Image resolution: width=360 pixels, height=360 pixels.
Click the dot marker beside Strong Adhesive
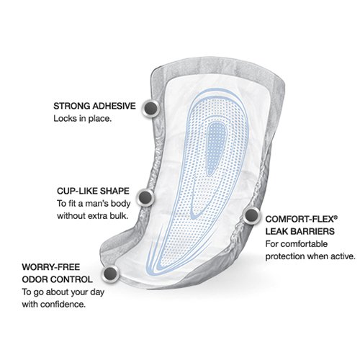click(151, 108)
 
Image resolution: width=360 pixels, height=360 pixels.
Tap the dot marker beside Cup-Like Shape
click(145, 197)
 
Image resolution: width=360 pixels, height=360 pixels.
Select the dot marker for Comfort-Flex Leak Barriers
click(251, 215)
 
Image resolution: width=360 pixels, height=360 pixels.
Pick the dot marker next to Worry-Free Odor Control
click(110, 273)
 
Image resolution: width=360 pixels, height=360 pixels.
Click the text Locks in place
click(83, 119)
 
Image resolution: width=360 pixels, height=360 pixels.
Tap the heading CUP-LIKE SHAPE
click(93, 191)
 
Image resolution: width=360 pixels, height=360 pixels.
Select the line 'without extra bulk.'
click(91, 216)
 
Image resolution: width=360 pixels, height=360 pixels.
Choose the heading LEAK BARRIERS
click(300, 232)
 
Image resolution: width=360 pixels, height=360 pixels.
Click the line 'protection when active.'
click(310, 256)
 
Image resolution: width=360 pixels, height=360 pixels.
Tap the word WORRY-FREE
click(51, 267)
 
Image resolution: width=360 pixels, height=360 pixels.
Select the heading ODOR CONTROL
click(58, 279)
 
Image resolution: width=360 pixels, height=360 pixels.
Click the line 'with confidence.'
click(54, 305)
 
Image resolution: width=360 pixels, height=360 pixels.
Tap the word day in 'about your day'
click(97, 292)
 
